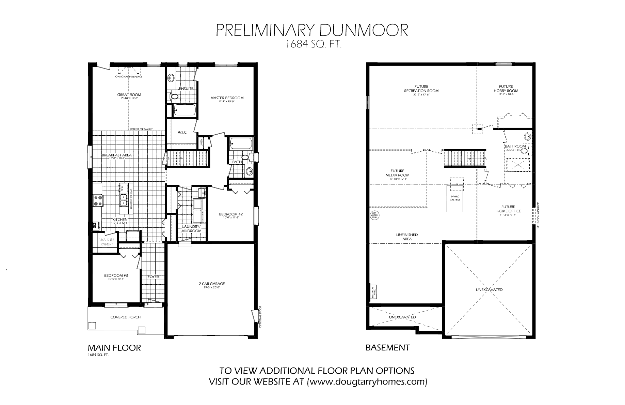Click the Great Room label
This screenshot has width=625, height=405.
pyautogui.click(x=129, y=95)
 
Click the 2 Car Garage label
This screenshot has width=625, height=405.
pyautogui.click(x=212, y=284)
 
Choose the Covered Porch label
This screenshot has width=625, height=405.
pyautogui.click(x=126, y=317)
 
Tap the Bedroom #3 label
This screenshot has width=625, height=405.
pyautogui.click(x=116, y=275)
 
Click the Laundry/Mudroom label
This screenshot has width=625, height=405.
pyautogui.click(x=192, y=229)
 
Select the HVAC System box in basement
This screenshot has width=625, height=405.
pyautogui.click(x=455, y=198)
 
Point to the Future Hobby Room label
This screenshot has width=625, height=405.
pyautogui.click(x=506, y=89)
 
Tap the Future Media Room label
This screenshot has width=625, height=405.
pyautogui.click(x=397, y=173)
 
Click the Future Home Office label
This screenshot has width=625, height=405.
pyautogui.click(x=508, y=209)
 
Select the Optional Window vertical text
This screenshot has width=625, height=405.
pyautogui.click(x=538, y=215)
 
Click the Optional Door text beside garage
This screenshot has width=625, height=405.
pyautogui.click(x=260, y=317)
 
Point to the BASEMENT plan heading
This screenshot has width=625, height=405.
pyautogui.click(x=387, y=348)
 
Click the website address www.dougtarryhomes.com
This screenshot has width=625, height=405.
pyautogui.click(x=367, y=381)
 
